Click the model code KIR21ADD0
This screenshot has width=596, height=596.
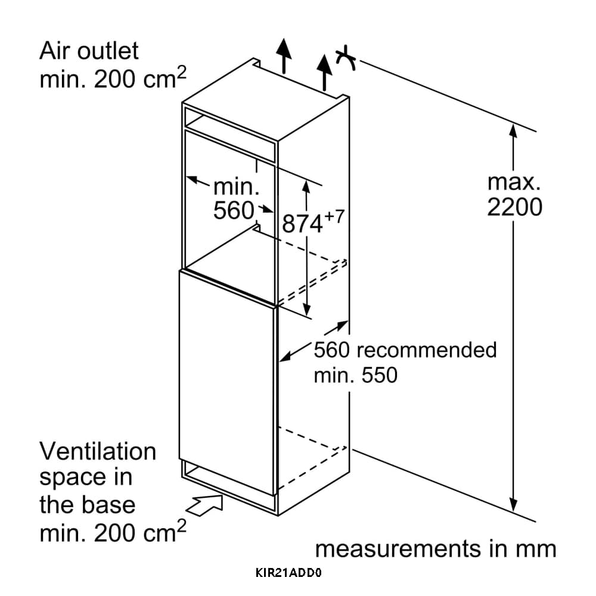pos(288,574)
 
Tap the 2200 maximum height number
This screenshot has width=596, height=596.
pos(514,207)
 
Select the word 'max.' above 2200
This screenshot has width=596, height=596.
pos(514,181)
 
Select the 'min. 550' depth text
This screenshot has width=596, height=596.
pos(355,375)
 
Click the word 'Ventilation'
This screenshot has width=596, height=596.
pos(98,451)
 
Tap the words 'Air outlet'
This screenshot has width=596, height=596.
pos(88,51)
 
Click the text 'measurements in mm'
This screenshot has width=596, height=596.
pos(435,549)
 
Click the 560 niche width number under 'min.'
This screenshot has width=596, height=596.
pos(234,210)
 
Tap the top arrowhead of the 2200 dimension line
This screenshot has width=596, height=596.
pos(513,128)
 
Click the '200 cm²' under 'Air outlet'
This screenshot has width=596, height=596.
pos(139,79)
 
